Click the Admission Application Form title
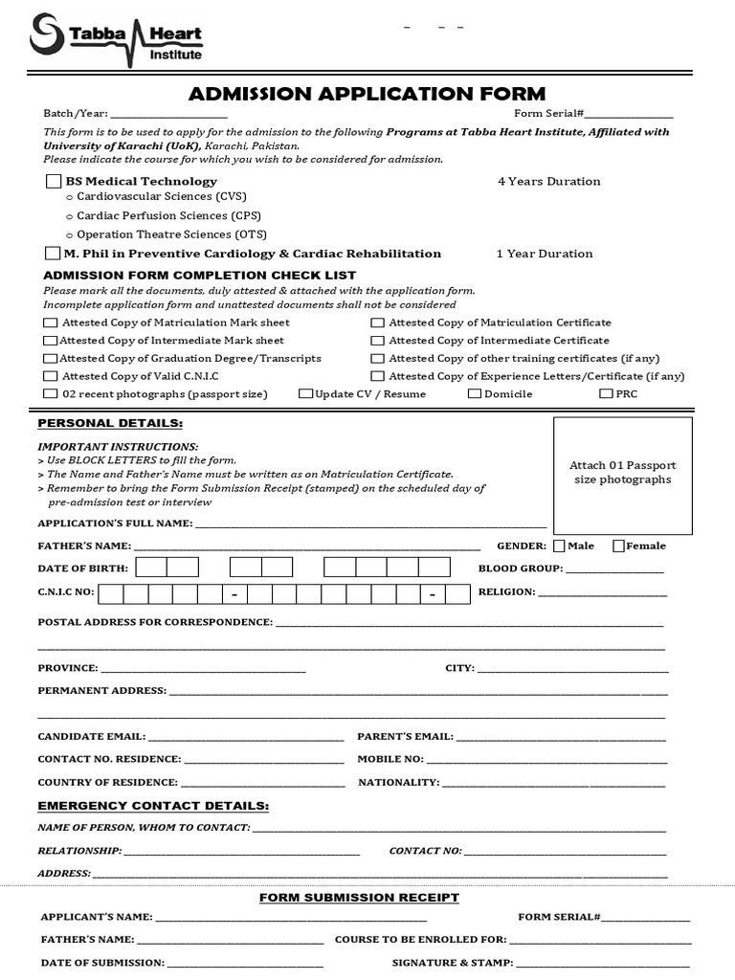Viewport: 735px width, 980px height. (x=367, y=94)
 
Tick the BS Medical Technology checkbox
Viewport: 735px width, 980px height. (x=53, y=181)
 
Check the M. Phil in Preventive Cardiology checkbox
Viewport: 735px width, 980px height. (x=53, y=254)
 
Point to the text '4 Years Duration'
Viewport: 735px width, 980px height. (x=548, y=181)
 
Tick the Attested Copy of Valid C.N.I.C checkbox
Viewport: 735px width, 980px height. (x=50, y=376)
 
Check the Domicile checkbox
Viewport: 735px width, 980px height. (x=474, y=393)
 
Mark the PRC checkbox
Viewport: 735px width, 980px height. (x=606, y=393)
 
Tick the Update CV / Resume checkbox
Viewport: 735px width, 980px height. (x=305, y=393)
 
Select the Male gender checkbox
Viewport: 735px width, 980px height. (x=559, y=546)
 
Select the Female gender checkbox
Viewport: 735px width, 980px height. (x=618, y=546)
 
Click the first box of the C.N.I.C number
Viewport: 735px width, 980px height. (x=111, y=593)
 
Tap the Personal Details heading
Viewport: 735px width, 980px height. (x=109, y=423)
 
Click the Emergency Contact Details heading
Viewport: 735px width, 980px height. (x=153, y=806)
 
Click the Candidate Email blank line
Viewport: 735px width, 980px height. (x=246, y=738)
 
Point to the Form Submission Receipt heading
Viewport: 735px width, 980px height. (x=360, y=898)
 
